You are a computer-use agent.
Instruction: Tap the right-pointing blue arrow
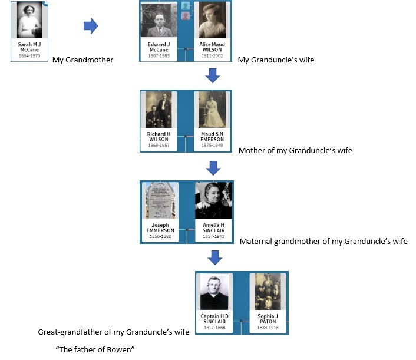pyautogui.click(x=90, y=26)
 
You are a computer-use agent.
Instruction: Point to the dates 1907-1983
pyautogui.click(x=159, y=55)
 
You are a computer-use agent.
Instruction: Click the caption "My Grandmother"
pyautogui.click(x=83, y=60)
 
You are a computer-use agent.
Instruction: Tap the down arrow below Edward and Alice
pyautogui.click(x=213, y=75)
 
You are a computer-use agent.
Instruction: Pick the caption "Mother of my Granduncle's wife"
pyautogui.click(x=295, y=150)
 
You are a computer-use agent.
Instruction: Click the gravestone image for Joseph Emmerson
pyautogui.click(x=160, y=200)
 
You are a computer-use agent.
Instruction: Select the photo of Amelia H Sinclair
pyautogui.click(x=213, y=200)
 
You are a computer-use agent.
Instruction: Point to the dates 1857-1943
pyautogui.click(x=213, y=236)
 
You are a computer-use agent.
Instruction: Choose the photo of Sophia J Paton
pyautogui.click(x=268, y=292)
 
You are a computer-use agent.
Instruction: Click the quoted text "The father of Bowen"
pyautogui.click(x=95, y=350)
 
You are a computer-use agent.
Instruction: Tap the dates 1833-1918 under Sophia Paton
pyautogui.click(x=268, y=327)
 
